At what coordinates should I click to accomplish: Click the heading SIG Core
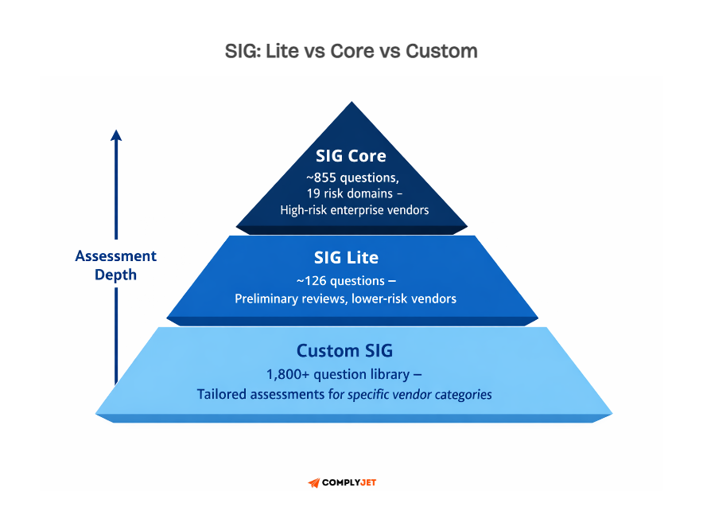click(351, 156)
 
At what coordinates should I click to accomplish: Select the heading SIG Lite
click(346, 258)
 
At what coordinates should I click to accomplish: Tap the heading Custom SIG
click(344, 350)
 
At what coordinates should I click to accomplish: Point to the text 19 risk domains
click(347, 193)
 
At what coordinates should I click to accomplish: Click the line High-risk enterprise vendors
click(354, 210)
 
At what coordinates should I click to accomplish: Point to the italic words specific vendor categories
click(420, 394)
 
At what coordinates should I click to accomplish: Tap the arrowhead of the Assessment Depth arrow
click(116, 135)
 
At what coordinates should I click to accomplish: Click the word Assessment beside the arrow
click(116, 256)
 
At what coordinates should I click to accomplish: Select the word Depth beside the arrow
click(116, 275)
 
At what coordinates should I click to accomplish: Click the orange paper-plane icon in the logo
click(313, 483)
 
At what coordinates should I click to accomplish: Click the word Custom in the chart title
click(441, 52)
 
